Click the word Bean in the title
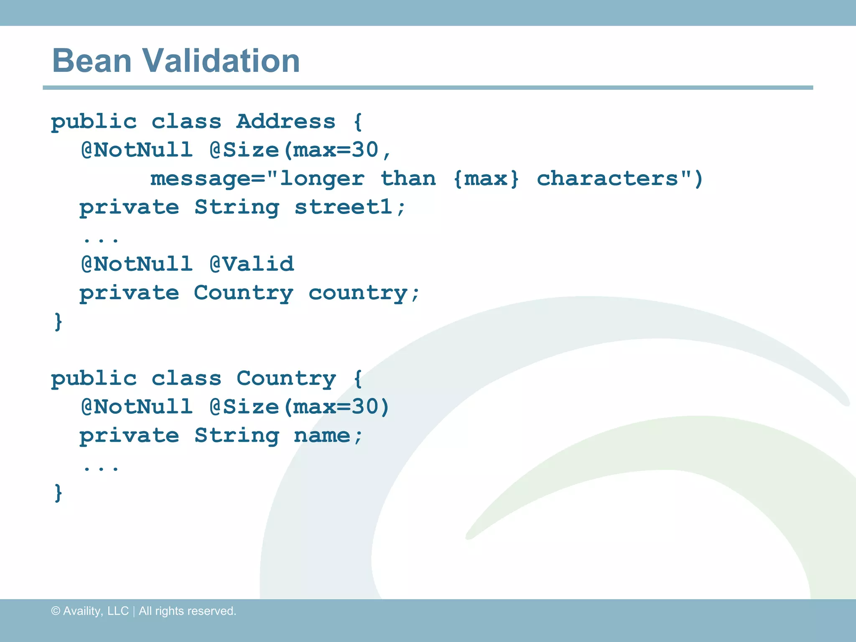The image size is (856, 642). pos(92,61)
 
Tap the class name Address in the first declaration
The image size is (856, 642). pos(286,122)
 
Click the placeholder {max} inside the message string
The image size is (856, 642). pos(486,179)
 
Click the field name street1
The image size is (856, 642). pos(344,207)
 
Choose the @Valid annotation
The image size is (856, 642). pos(252,264)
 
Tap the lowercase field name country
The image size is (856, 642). pos(358,293)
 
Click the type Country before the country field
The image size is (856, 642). pos(243,293)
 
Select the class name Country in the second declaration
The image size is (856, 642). pos(286,379)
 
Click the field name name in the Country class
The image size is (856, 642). pos(322,436)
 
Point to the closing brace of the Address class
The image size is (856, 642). pos(59,322)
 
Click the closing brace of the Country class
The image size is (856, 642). pos(59,493)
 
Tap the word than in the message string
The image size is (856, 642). pos(408,179)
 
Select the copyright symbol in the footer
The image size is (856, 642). pos(56,611)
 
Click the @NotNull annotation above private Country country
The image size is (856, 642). pos(137,264)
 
